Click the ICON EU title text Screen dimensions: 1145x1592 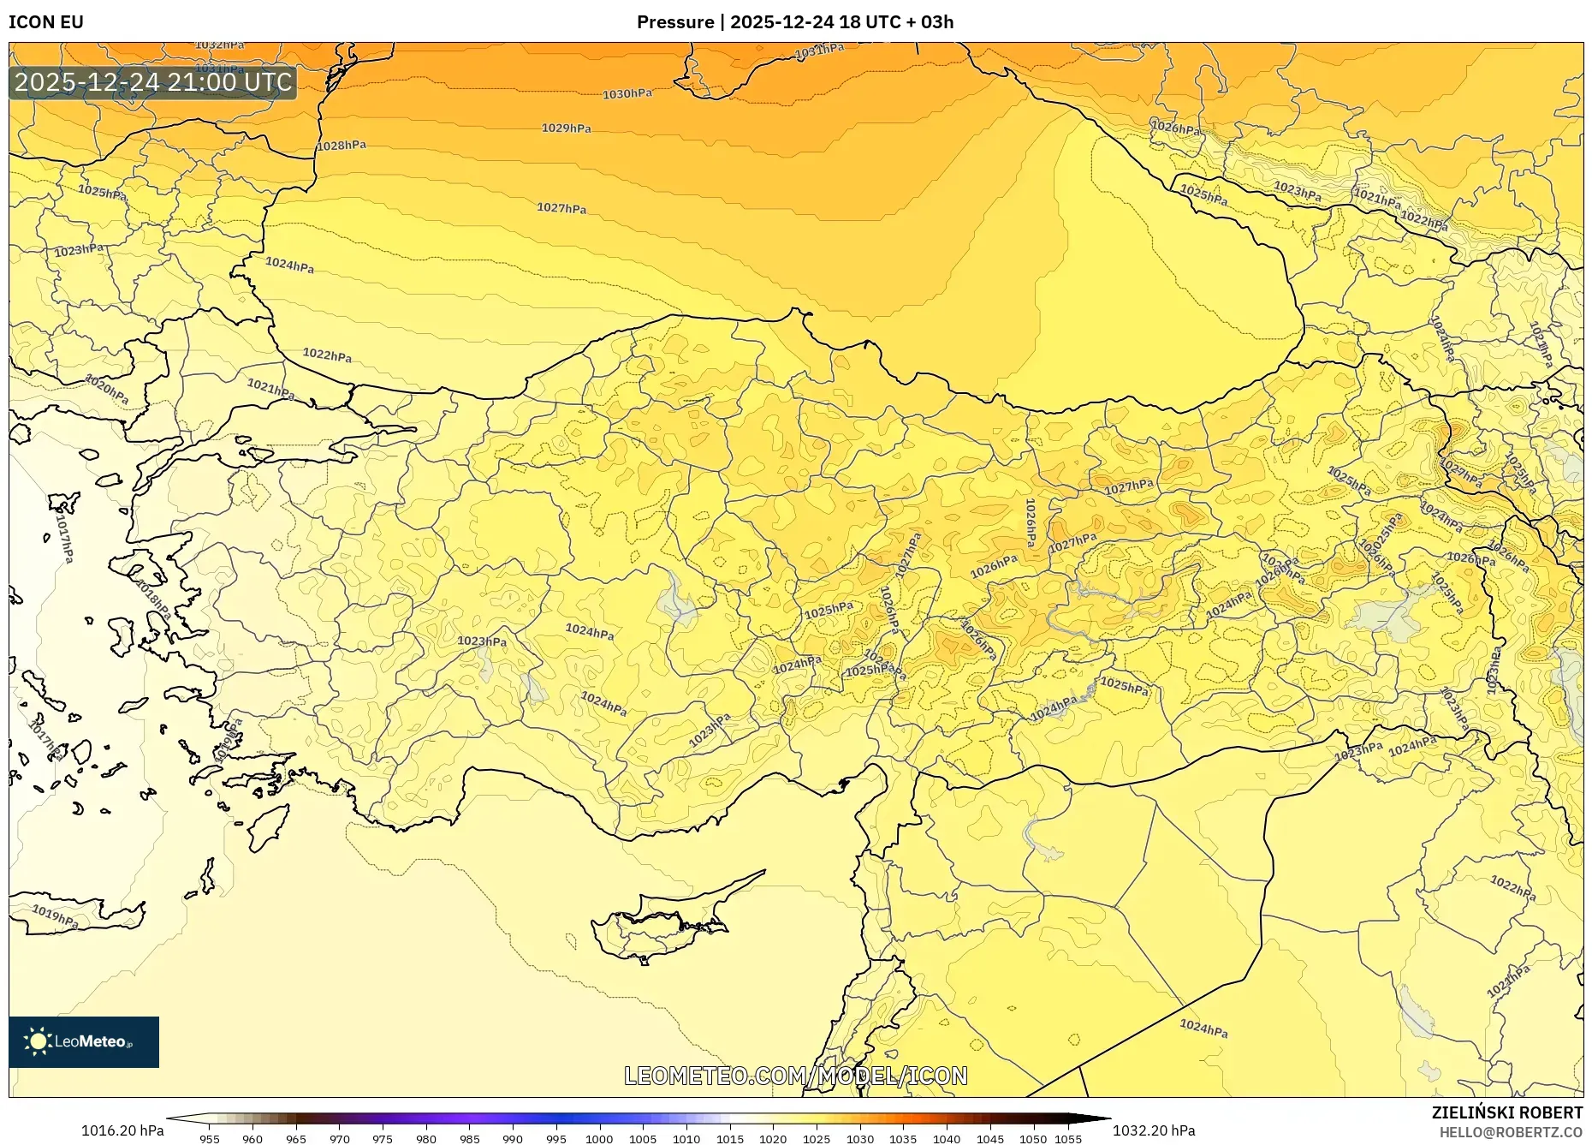coord(46,21)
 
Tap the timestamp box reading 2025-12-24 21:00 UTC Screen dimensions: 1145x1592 coord(153,82)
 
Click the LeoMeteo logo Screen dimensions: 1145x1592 coord(84,1041)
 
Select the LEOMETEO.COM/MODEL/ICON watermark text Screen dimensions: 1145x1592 coord(796,1076)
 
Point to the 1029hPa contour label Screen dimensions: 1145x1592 coord(566,128)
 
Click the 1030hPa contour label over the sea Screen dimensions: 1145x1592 coord(627,94)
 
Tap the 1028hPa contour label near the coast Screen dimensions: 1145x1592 coord(342,146)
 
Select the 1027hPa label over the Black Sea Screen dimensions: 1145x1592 coord(561,208)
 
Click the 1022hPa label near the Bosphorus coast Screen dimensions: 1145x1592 coord(327,355)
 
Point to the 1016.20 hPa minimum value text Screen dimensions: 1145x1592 coord(122,1130)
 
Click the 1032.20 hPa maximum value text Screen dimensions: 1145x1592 coord(1154,1130)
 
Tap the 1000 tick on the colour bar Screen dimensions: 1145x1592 coord(599,1139)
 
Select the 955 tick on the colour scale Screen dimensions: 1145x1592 coord(210,1139)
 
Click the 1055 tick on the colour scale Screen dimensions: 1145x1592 coord(1068,1139)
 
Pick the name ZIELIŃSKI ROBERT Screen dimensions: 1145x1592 coord(1506,1112)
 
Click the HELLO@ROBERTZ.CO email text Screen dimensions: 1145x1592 coord(1511,1132)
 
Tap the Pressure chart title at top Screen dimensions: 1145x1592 coord(795,21)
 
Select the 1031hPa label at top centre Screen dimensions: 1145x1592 coord(819,51)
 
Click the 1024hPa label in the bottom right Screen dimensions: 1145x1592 coord(1203,1028)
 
